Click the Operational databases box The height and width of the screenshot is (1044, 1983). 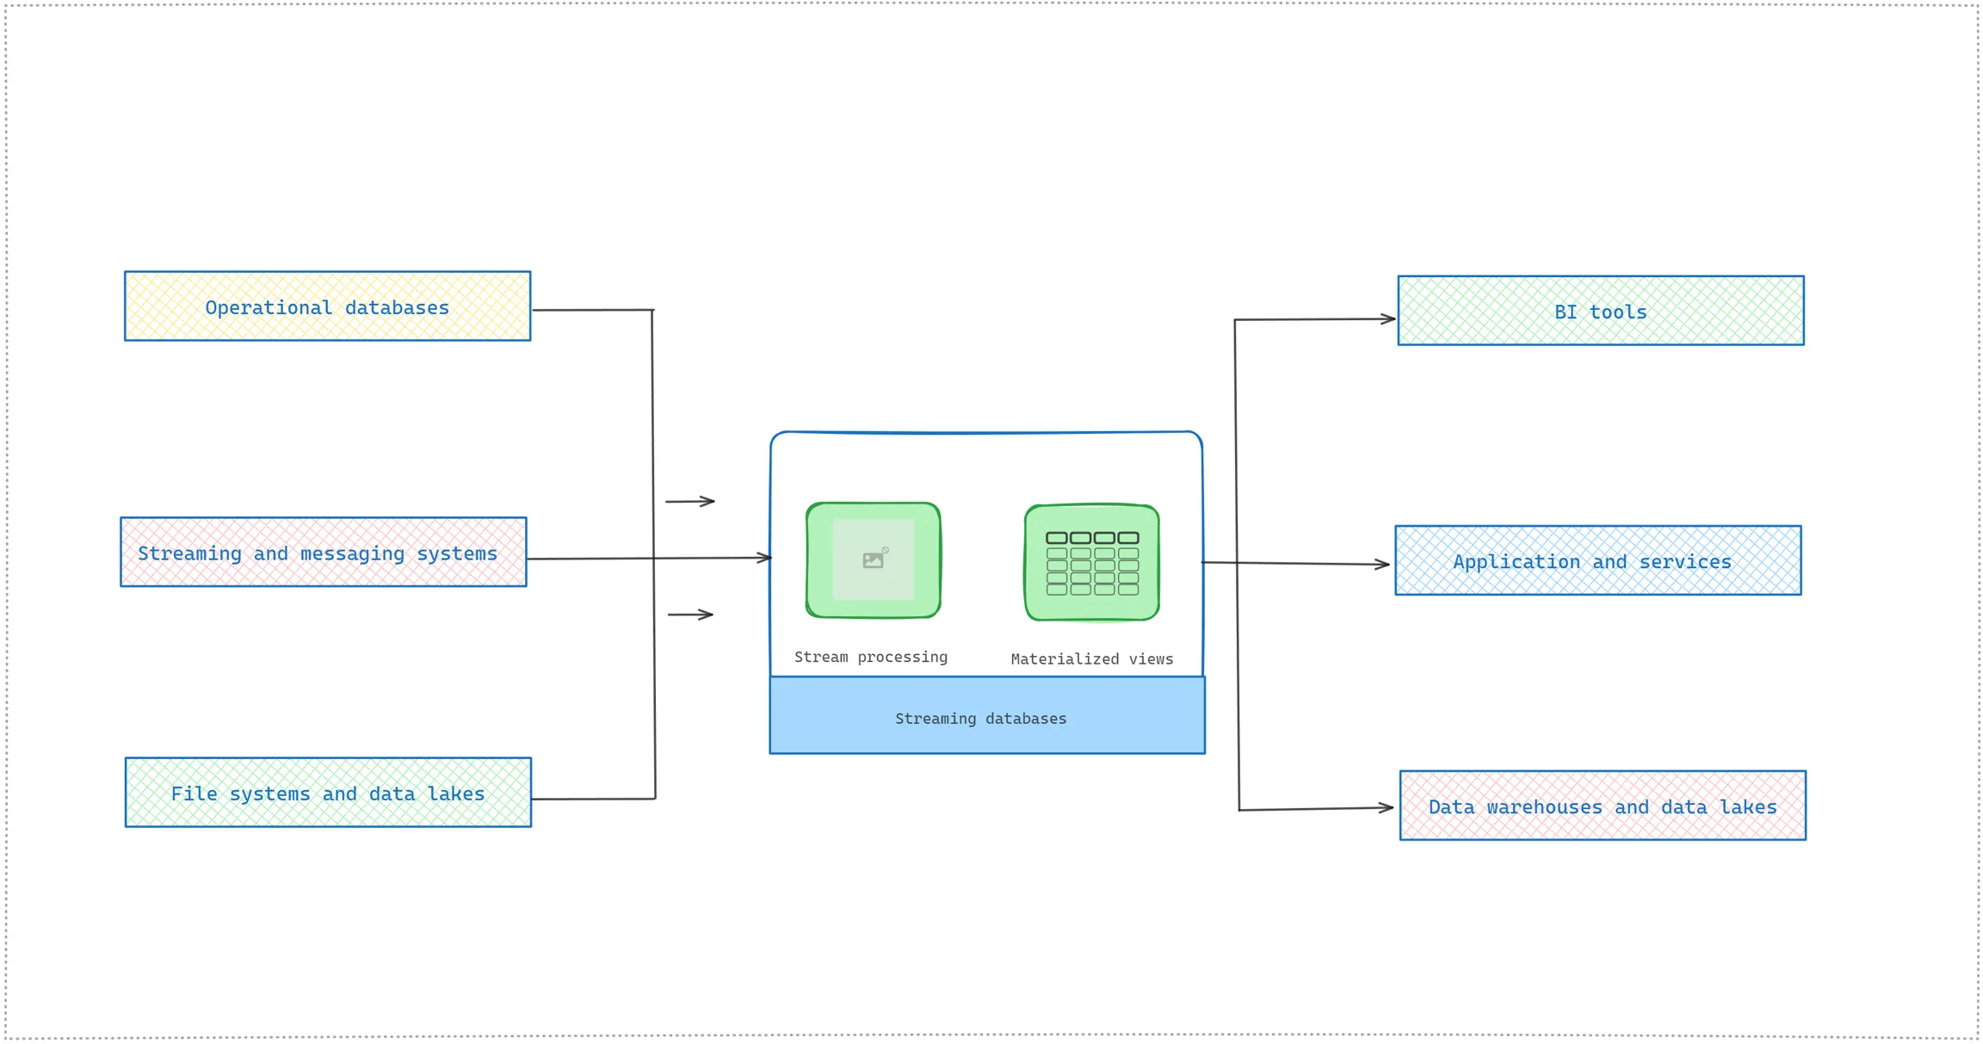(327, 306)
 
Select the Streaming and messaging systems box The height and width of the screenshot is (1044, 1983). (323, 552)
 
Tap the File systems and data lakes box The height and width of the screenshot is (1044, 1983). (328, 792)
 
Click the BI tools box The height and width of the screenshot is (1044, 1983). (1600, 311)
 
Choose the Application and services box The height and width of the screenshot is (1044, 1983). (1597, 560)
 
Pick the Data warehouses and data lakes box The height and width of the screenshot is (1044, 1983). (1602, 806)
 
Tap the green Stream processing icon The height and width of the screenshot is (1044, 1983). (873, 560)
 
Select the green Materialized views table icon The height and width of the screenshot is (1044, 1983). (1091, 563)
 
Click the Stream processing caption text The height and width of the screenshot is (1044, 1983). (870, 657)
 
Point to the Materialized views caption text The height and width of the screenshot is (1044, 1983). (1091, 659)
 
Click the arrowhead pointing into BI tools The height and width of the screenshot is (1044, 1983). (1387, 318)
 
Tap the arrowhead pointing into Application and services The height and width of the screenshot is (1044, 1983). (1382, 565)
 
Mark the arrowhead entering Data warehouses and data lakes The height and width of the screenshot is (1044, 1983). (1386, 807)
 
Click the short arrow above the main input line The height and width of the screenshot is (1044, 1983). (690, 501)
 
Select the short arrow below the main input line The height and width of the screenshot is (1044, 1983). (690, 615)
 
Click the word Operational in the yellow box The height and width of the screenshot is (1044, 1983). (269, 307)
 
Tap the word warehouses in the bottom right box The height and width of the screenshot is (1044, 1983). (1544, 807)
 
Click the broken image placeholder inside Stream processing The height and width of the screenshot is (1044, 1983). (874, 559)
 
